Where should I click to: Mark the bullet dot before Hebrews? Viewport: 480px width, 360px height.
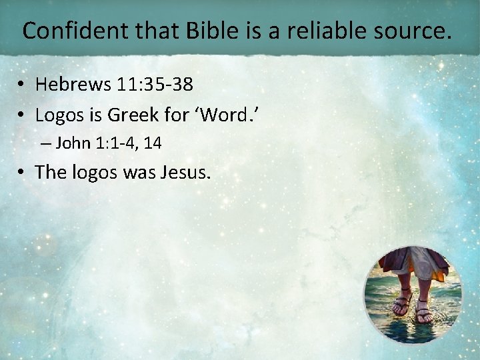coord(22,85)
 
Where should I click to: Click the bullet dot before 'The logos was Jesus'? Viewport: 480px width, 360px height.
coord(22,173)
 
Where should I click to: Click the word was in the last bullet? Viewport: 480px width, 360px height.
coord(138,172)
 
